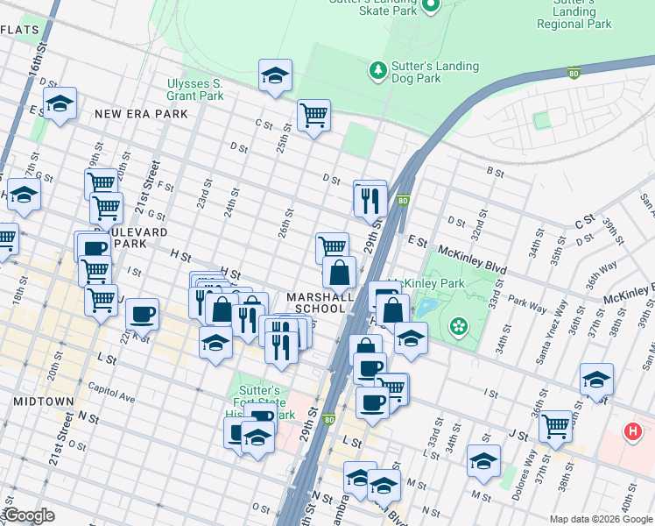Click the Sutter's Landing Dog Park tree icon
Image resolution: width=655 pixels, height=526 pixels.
(377, 69)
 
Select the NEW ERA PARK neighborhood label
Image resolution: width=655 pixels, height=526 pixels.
(141, 114)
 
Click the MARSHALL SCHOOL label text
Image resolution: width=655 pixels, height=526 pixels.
(320, 302)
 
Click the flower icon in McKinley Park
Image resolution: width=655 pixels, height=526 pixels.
(457, 328)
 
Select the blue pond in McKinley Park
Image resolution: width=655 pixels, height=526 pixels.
(426, 308)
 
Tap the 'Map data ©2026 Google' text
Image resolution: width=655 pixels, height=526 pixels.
(601, 519)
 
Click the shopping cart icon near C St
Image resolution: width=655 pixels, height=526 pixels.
(313, 115)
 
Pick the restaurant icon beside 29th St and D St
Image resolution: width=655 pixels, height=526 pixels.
(370, 199)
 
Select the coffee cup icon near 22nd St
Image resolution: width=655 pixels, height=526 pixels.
(142, 314)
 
